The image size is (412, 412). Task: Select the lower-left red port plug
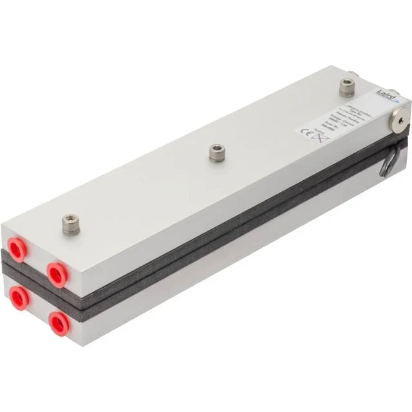[19, 298]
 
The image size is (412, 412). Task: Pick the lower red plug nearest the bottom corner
[59, 323]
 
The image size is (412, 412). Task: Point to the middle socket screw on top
[217, 153]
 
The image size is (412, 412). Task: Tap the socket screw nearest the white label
[347, 86]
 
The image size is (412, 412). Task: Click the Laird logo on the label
[384, 95]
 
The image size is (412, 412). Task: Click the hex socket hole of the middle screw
[217, 151]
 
